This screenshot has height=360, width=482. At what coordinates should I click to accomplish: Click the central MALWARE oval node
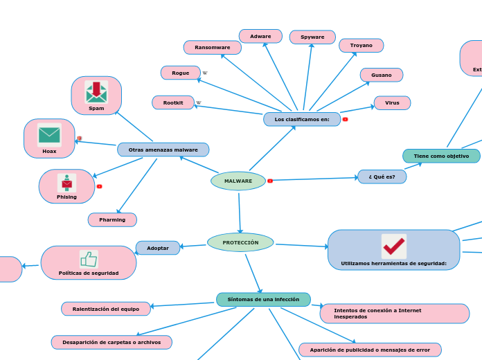(x=238, y=181)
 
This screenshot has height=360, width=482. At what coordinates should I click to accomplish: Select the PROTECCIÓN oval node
(x=240, y=242)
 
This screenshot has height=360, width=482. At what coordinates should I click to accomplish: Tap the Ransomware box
(x=212, y=47)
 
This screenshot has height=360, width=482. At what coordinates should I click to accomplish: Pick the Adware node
(x=260, y=36)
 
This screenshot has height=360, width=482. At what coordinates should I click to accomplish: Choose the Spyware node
(x=312, y=37)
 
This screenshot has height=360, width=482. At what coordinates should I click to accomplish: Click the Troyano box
(x=361, y=46)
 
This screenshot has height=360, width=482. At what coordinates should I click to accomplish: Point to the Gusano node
(x=381, y=75)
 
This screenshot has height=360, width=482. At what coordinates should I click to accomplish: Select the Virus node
(x=392, y=103)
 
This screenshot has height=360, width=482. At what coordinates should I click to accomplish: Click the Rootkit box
(x=173, y=102)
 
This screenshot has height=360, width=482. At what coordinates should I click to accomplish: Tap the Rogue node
(x=180, y=73)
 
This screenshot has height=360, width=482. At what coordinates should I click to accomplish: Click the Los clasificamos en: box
(x=302, y=119)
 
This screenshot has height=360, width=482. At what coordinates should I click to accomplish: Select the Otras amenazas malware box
(x=163, y=150)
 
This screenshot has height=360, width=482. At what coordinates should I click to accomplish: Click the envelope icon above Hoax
(x=49, y=134)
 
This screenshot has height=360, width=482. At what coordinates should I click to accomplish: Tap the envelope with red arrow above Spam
(x=96, y=91)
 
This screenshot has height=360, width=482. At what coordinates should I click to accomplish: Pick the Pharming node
(x=112, y=220)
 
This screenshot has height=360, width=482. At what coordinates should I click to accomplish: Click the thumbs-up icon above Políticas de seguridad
(x=89, y=259)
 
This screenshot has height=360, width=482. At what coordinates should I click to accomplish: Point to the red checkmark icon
(x=393, y=246)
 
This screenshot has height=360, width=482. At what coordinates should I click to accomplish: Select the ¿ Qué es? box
(x=382, y=177)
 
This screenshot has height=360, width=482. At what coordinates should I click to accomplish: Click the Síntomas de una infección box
(x=263, y=299)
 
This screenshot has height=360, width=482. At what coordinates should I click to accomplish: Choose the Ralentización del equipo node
(x=106, y=309)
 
